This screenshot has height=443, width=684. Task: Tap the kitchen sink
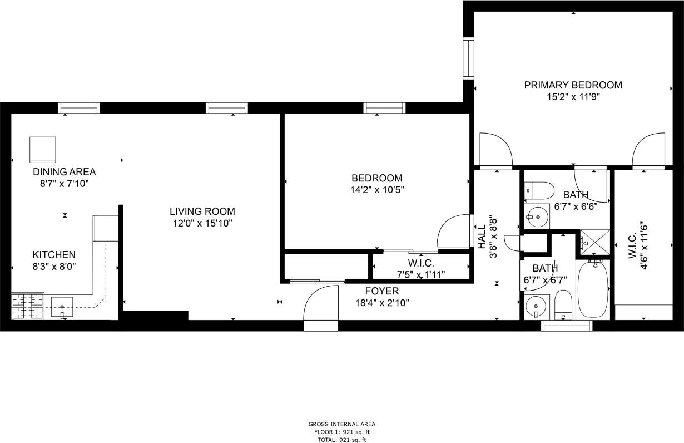tap(62, 307)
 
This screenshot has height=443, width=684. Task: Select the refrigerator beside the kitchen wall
tap(105, 228)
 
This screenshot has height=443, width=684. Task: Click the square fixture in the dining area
tap(43, 149)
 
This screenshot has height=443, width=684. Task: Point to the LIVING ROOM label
tap(202, 211)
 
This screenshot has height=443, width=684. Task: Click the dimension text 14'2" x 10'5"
tap(376, 189)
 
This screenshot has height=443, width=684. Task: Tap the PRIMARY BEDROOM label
tap(573, 85)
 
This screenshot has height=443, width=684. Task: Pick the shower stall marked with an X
tap(594, 244)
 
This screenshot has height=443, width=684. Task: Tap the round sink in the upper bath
tap(537, 216)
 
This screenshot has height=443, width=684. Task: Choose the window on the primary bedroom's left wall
tap(469, 58)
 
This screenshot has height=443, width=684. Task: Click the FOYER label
tap(381, 291)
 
